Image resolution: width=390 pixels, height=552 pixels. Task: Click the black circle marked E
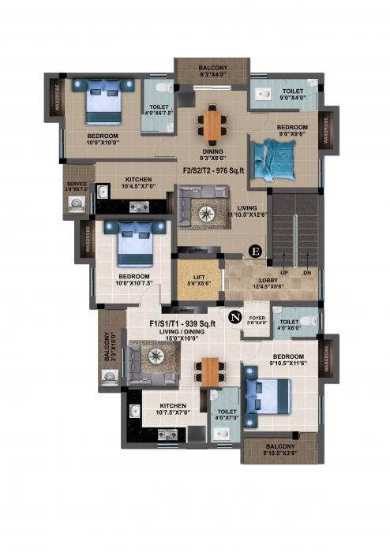pyautogui.click(x=254, y=252)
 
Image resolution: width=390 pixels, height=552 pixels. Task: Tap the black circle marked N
pyautogui.click(x=234, y=317)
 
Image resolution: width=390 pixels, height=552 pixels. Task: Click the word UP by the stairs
pyautogui.click(x=283, y=272)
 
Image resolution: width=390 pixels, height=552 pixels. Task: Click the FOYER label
pyautogui.click(x=257, y=319)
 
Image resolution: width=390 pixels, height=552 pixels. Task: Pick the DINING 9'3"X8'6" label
pyautogui.click(x=213, y=155)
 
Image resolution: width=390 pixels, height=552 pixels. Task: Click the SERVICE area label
pyautogui.click(x=77, y=187)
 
